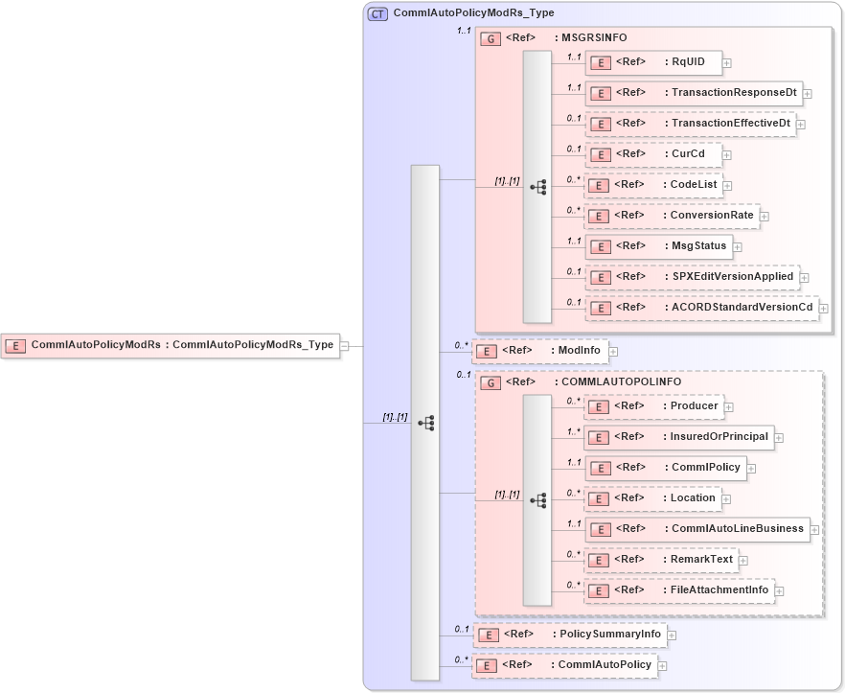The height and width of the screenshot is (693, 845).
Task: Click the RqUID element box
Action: click(x=652, y=62)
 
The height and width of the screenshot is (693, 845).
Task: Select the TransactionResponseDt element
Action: click(x=693, y=93)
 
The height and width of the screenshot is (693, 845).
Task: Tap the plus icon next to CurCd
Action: click(x=727, y=154)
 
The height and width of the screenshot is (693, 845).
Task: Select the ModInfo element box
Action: click(x=540, y=351)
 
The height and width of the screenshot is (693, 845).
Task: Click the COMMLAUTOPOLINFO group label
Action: click(x=617, y=381)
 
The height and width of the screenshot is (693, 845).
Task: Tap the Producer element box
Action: click(x=652, y=406)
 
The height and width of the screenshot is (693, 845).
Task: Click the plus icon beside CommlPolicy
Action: click(x=752, y=469)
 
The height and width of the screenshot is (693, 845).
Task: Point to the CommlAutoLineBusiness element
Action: click(x=697, y=529)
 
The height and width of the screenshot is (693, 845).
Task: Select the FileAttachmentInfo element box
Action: click(x=679, y=590)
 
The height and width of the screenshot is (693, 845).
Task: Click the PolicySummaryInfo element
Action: click(x=572, y=635)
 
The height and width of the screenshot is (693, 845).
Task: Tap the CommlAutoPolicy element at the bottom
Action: click(x=564, y=665)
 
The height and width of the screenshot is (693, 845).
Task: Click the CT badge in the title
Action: click(x=377, y=13)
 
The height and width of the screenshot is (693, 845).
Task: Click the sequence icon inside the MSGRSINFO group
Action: click(x=537, y=187)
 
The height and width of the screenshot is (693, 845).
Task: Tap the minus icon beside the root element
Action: click(x=345, y=346)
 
